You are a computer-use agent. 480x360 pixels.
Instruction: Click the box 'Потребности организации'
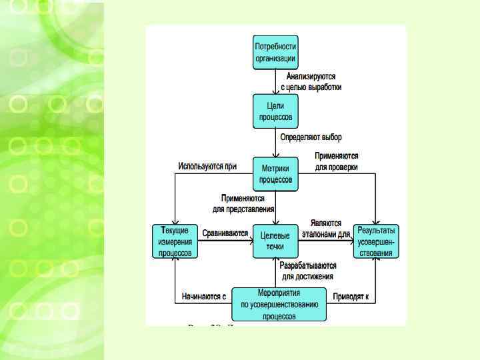pos(275,53)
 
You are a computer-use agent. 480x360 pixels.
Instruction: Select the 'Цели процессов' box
pos(275,111)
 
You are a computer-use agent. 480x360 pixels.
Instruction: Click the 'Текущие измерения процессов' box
pos(175,241)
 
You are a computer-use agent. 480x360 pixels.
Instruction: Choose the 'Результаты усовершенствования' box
pos(376,241)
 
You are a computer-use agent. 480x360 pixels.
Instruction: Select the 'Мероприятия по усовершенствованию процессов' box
pos(279,305)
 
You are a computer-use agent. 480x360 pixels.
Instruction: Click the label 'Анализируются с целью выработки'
pos(311,82)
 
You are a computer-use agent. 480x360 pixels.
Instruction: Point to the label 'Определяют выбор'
pos(311,137)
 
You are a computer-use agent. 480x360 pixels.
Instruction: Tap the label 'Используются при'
pos(207,166)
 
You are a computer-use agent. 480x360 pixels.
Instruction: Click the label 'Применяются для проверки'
pos(337,161)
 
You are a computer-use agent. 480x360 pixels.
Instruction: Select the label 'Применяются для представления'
pos(244,203)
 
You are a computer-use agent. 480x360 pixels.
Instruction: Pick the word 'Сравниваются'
pos(225,233)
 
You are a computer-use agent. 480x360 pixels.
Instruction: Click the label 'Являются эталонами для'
pos(326,229)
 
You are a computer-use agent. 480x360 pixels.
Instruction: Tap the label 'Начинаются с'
pos(204,296)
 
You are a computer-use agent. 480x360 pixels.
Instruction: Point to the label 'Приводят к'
pos(351,296)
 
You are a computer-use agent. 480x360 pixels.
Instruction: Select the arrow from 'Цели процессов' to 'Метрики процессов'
pos(275,143)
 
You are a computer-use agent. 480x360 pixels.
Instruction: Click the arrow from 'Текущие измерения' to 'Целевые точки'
pos(225,241)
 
